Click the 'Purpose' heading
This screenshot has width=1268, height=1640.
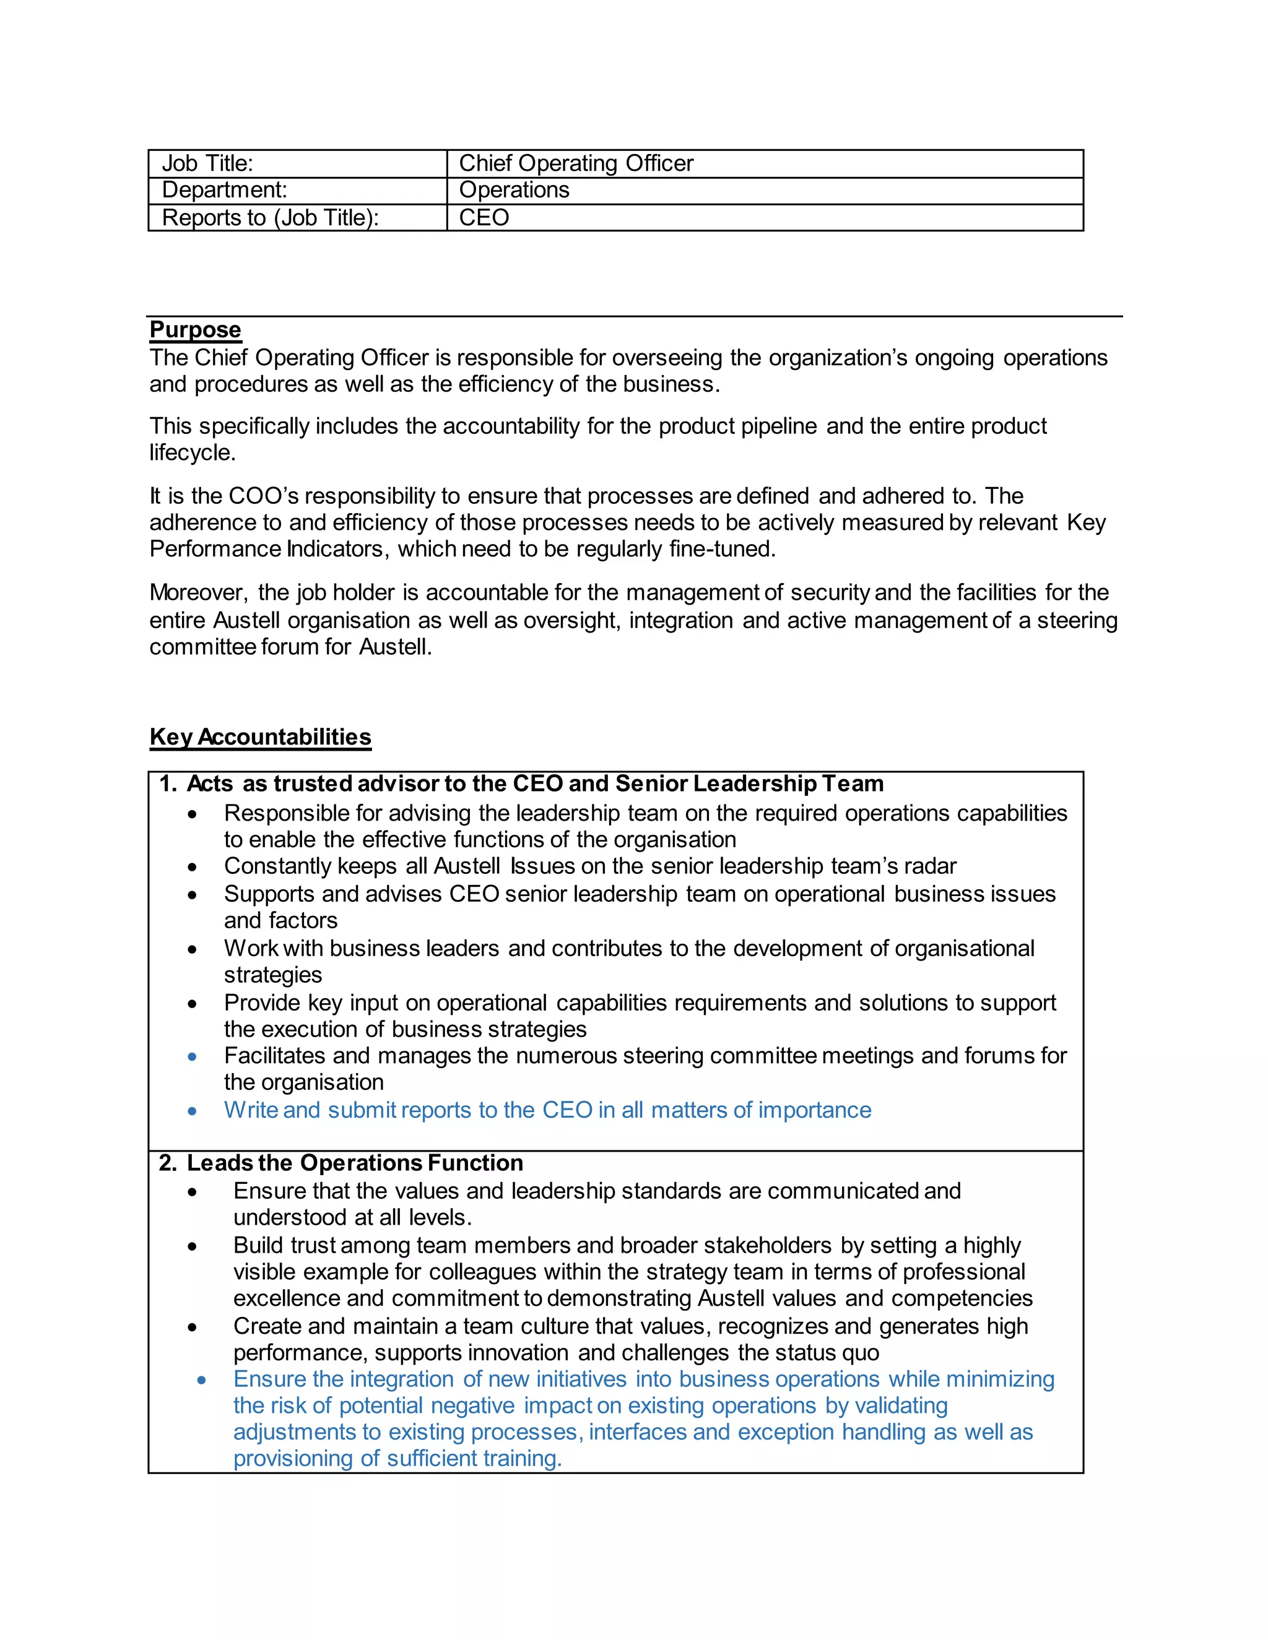[x=195, y=330]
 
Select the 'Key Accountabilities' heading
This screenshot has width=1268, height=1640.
[x=260, y=736]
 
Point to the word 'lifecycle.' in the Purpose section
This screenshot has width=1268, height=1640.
[x=193, y=453]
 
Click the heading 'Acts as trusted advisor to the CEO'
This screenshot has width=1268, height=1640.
[x=535, y=784]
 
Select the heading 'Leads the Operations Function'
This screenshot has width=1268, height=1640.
[x=355, y=1163]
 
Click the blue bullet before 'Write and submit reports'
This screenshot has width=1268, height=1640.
[x=193, y=1111]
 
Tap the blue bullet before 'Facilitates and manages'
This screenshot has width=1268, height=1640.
[x=193, y=1057]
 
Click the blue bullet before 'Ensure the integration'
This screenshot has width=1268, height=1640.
[x=201, y=1380]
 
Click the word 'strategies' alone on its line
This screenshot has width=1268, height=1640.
[x=272, y=975]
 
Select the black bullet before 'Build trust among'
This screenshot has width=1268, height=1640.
[x=193, y=1246]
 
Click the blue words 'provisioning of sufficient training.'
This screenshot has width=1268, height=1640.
[x=397, y=1459]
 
